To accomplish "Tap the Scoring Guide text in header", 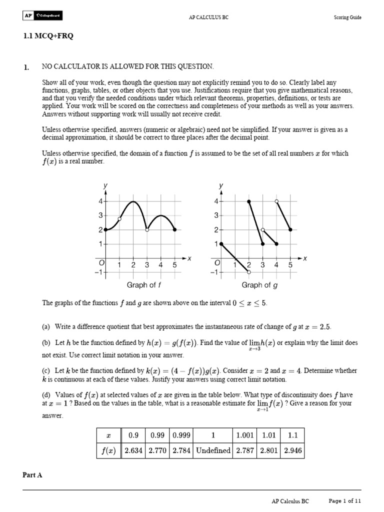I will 347,17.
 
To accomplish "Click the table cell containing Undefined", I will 213,450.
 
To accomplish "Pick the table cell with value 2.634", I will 133,450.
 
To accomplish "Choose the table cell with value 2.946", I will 292,450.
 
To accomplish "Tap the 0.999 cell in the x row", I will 181,435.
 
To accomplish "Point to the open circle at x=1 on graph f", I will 119,218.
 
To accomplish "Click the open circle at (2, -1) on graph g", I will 249,272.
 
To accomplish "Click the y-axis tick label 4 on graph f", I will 100,201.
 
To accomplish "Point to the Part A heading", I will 33,475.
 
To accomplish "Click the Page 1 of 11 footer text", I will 344,500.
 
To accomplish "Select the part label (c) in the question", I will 46,371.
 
